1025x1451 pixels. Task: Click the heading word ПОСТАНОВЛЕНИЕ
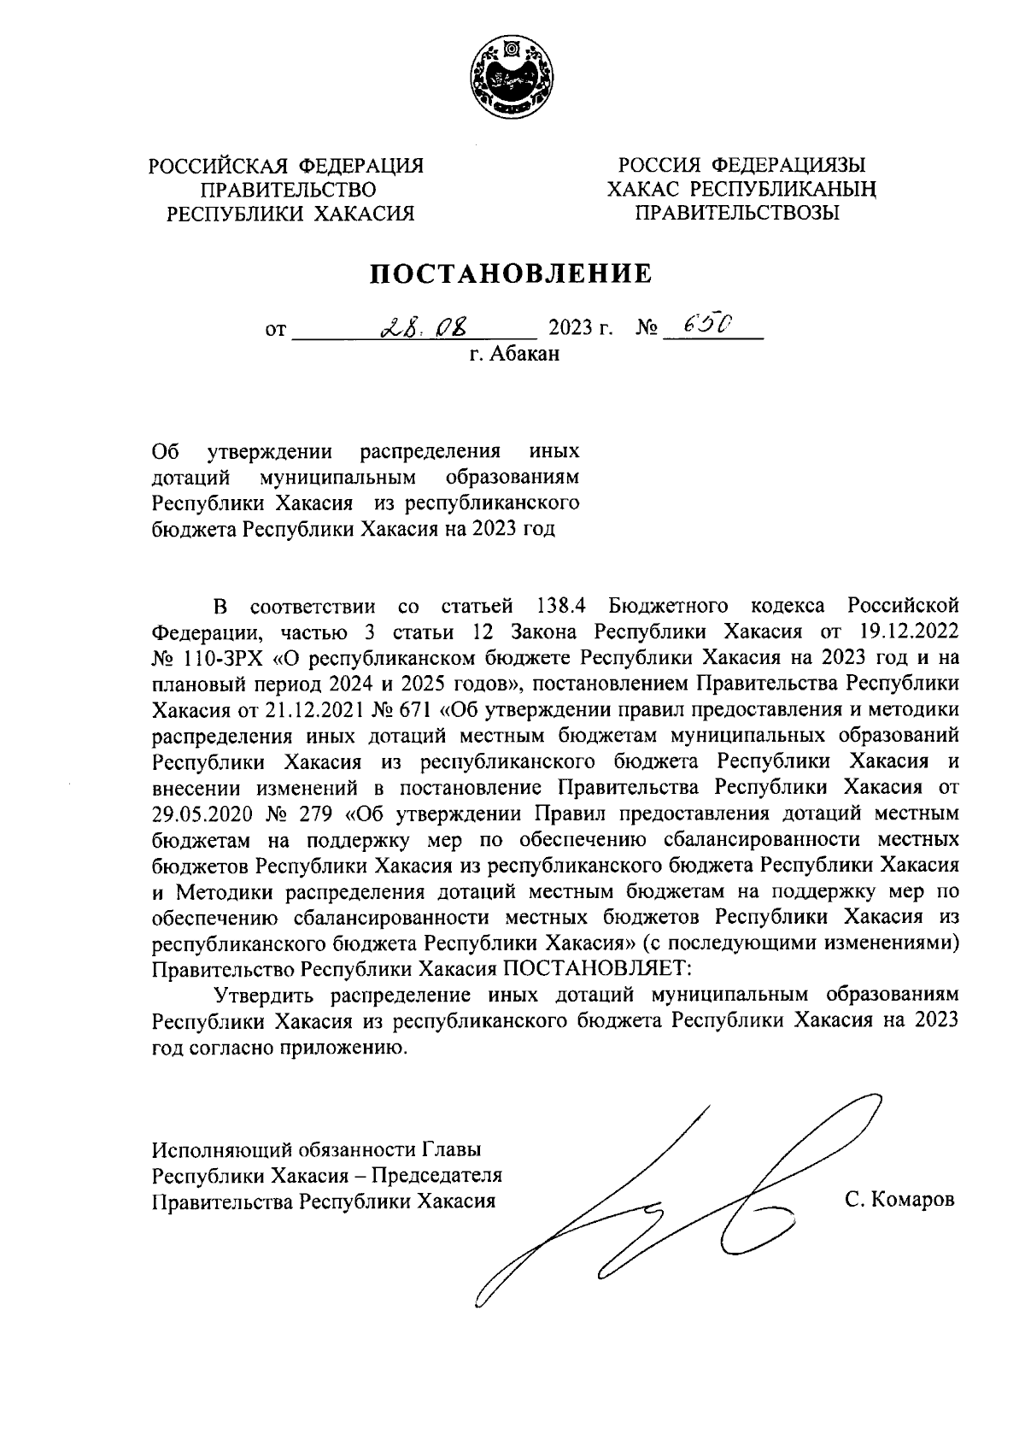tap(511, 273)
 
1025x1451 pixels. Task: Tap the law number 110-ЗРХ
tap(213, 659)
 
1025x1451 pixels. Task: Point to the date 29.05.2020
tap(197, 813)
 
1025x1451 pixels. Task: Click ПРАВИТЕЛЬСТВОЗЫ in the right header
tap(735, 214)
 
